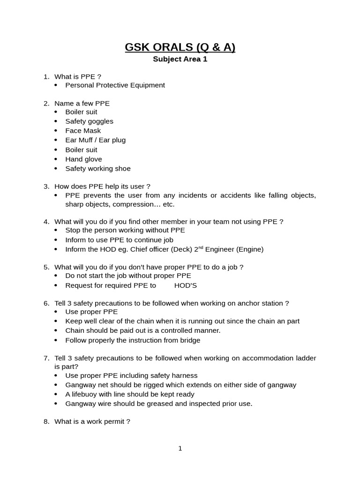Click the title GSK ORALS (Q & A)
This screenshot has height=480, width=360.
(180, 47)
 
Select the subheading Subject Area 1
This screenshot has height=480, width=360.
(180, 60)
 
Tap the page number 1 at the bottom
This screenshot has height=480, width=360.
(180, 449)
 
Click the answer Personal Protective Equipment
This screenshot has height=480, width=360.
(115, 85)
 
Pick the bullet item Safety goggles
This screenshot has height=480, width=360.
(89, 121)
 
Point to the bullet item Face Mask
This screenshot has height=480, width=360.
(83, 130)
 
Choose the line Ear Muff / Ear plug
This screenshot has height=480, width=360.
(95, 140)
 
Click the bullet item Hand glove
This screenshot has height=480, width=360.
(83, 159)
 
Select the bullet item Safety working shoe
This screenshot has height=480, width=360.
(98, 168)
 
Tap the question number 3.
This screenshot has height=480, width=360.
(46, 186)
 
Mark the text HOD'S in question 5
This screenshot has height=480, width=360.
(185, 285)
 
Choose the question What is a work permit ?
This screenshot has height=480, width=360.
(92, 421)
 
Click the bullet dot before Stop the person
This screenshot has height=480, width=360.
(56, 230)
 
